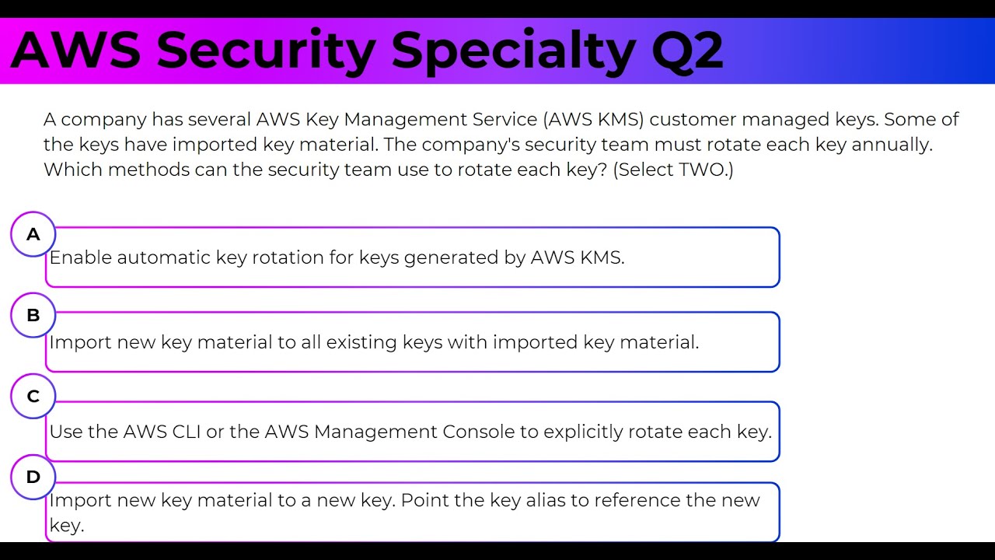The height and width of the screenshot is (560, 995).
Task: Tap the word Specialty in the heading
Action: pos(513,51)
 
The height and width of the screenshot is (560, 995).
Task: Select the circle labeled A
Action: pos(33,234)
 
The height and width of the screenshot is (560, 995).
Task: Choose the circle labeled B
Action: pos(33,315)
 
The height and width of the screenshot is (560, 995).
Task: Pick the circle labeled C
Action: pos(33,396)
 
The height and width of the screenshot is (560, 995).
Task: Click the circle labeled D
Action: pos(33,477)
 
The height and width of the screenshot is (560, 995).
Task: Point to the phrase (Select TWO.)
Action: pos(673,170)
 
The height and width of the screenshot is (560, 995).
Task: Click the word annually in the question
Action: pos(889,145)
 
